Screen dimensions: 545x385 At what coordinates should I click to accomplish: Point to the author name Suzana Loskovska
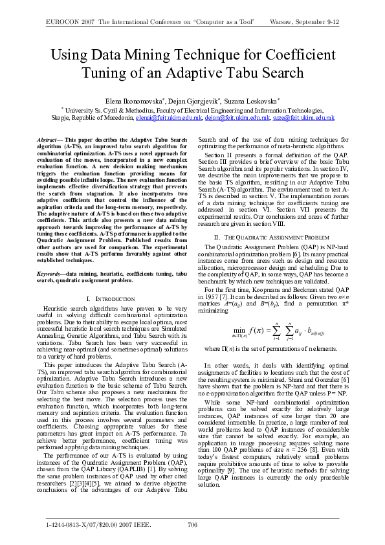coord(254,102)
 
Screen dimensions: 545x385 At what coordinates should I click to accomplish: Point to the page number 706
coord(192,523)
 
